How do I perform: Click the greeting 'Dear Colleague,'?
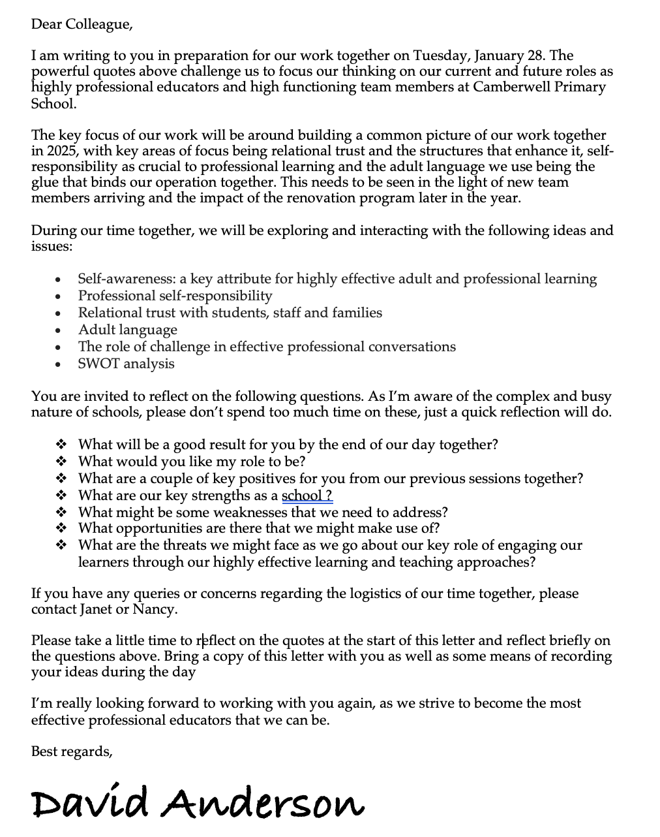pos(82,25)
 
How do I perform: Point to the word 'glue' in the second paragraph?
pos(45,182)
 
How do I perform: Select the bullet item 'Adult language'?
pos(128,330)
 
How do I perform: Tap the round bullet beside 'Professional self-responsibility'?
pos(59,297)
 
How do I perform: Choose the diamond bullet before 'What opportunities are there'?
pos(62,528)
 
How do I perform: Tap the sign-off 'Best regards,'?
pos(72,751)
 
